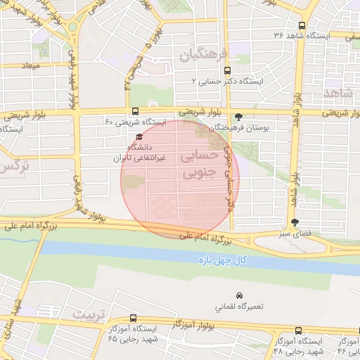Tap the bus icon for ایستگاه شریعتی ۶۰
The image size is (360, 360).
pyautogui.click(x=135, y=111)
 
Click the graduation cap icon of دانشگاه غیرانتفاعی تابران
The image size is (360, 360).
pyautogui.click(x=139, y=137)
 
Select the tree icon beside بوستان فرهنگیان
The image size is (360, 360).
pyautogui.click(x=240, y=117)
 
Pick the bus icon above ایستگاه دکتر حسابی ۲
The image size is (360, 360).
pyautogui.click(x=226, y=70)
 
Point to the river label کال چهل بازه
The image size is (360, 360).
pyautogui.click(x=221, y=261)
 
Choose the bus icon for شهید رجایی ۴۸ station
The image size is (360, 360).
pyautogui.click(x=298, y=330)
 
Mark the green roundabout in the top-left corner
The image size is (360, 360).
pyautogui.click(x=72, y=27)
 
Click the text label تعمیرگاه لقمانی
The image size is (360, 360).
pyautogui.click(x=240, y=307)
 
